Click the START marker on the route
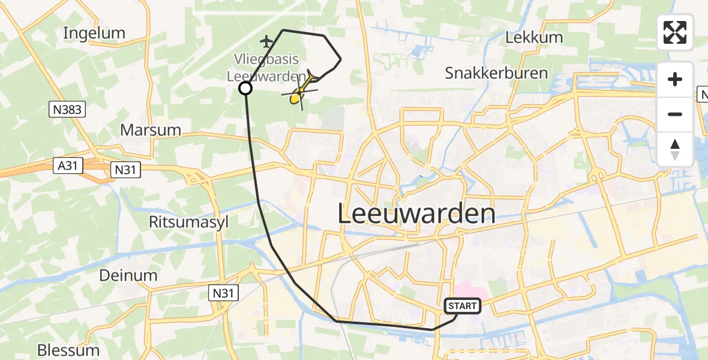(x=462, y=307)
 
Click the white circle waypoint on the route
(x=245, y=89)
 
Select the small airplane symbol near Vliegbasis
(x=266, y=41)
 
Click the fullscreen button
(x=675, y=32)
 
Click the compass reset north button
(x=675, y=149)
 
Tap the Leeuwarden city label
(x=416, y=213)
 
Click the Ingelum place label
(x=94, y=33)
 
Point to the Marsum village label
(x=151, y=130)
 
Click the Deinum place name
(x=128, y=275)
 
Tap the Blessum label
(x=68, y=350)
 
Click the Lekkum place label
(x=534, y=37)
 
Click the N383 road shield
(x=68, y=109)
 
